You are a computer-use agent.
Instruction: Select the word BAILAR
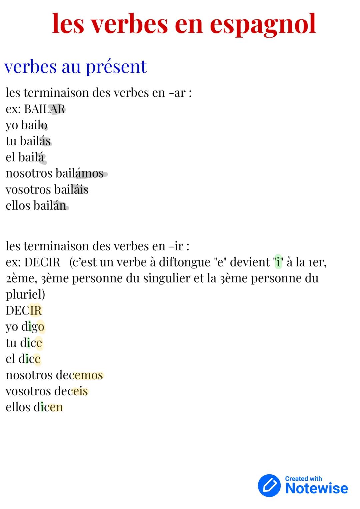[45, 109]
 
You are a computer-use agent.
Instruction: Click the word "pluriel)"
[25, 294]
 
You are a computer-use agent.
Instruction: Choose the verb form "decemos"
[79, 375]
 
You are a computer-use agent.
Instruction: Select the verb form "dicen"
[48, 407]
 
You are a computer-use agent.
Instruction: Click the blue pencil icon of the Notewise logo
[269, 485]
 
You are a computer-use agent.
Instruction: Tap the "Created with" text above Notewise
[303, 479]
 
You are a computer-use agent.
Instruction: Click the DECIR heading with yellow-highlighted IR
[24, 311]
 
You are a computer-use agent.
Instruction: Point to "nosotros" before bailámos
[29, 173]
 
